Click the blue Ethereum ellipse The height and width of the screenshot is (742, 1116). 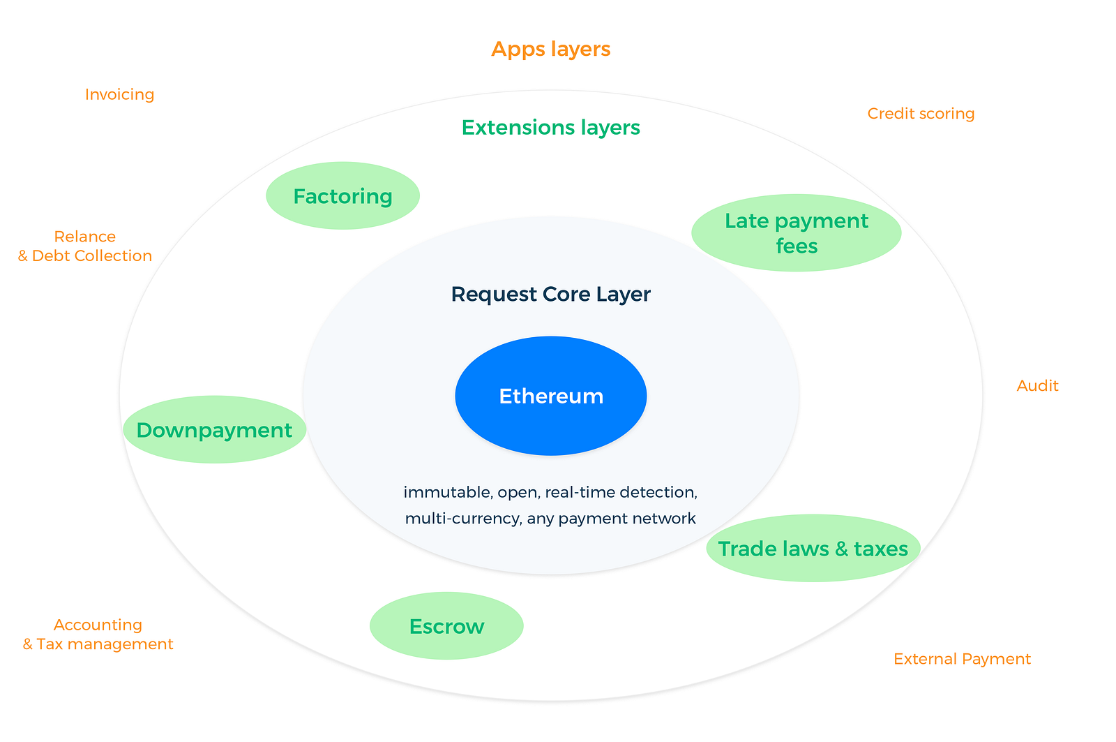coord(550,396)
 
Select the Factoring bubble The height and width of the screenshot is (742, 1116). coord(342,195)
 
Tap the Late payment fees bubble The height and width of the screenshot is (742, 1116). coord(796,233)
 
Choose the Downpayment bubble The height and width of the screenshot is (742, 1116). coord(214,429)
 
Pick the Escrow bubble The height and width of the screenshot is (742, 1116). coord(446,626)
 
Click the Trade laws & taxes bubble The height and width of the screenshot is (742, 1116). coord(813,548)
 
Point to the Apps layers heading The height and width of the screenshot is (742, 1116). coord(550,49)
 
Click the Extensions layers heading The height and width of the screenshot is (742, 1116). coord(550,128)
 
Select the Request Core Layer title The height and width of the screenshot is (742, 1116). coord(550,294)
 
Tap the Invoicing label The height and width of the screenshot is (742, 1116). coord(119,94)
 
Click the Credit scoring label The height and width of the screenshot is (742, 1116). coord(921,114)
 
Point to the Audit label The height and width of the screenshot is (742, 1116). coord(1037,385)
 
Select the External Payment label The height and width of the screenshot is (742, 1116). coord(962,659)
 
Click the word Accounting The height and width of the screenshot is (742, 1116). coord(98,625)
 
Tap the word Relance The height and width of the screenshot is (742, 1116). coord(84,237)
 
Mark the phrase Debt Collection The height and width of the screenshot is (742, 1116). coord(91,255)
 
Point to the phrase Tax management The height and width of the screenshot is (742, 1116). coord(105,644)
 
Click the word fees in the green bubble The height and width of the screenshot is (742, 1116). coord(797,246)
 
